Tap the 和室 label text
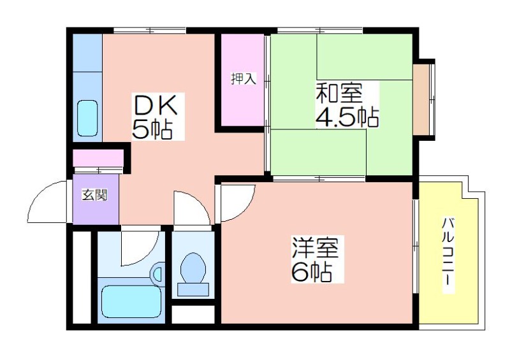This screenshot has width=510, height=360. tap(339, 93)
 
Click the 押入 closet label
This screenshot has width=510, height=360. tap(244, 78)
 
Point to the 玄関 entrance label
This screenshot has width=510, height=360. tap(94, 195)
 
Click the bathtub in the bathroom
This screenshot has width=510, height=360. tap(131, 301)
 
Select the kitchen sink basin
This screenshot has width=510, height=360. tap(87, 118)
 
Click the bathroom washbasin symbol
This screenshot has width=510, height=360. tap(157, 272)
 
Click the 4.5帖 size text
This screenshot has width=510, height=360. tap(347, 117)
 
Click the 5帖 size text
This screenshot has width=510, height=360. tap(152, 129)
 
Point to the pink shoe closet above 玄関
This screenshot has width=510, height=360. tap(98, 158)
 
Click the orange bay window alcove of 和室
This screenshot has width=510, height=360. tap(421, 100)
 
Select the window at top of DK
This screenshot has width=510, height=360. tap(150, 31)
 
